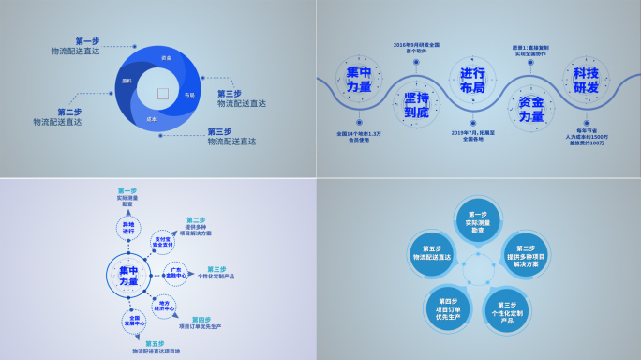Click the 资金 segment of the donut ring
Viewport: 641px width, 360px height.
[x=166, y=59]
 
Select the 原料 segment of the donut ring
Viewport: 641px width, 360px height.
[x=127, y=82]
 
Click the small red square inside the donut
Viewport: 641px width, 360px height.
[x=162, y=93]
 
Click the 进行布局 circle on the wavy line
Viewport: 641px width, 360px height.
[x=472, y=81]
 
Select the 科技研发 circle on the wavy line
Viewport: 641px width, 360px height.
[x=585, y=81]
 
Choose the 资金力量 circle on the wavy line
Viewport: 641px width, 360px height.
[x=531, y=109]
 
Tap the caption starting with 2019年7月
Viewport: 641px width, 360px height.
[x=472, y=137]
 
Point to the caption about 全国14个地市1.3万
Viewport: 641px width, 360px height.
[x=359, y=137]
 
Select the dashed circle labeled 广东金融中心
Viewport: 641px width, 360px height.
[x=176, y=273]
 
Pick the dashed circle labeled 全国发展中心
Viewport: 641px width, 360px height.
[x=134, y=321]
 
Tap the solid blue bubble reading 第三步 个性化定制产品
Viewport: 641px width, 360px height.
[x=507, y=309]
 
